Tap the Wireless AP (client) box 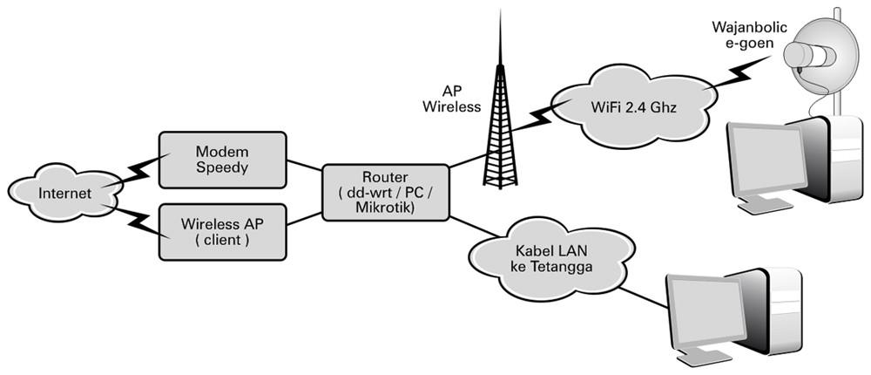pos(223,231)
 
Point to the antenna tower pos(499,122)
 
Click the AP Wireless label pos(451,99)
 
